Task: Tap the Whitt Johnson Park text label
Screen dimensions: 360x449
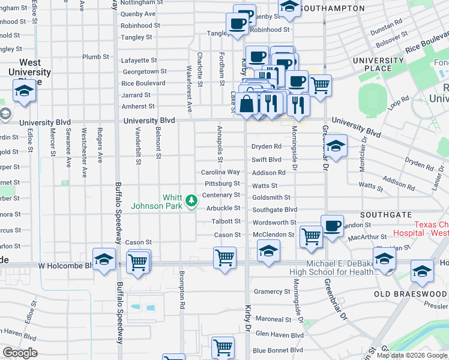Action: (173, 202)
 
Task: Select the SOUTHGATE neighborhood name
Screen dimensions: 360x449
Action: (385, 214)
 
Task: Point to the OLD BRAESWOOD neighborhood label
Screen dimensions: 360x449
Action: (411, 294)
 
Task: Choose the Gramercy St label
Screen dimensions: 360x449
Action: (272, 292)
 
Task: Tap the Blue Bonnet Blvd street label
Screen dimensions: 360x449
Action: (278, 350)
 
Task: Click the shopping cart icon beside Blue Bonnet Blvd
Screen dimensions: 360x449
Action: (223, 347)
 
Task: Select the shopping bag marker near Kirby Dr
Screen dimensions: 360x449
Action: (247, 103)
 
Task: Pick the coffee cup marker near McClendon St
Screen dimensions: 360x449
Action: (332, 226)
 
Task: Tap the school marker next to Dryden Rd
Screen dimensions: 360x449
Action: (335, 146)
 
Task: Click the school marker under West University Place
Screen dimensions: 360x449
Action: (23, 92)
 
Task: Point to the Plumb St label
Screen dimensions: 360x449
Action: (95, 57)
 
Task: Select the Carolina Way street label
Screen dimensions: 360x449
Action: (220, 172)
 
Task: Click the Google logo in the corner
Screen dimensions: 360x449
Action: (20, 353)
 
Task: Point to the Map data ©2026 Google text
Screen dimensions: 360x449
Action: (412, 355)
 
